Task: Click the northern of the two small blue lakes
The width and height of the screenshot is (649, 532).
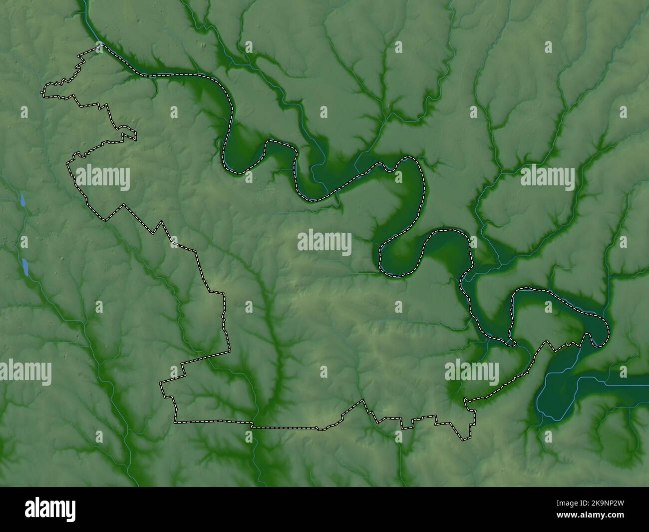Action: tap(22, 200)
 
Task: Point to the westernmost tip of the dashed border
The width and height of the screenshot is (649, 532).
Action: tap(42, 92)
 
